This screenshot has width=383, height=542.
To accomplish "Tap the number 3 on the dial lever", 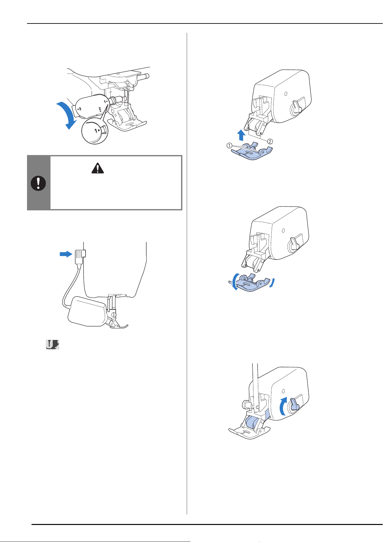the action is tap(79, 109).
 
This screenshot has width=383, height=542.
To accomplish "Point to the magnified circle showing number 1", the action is tap(95, 131).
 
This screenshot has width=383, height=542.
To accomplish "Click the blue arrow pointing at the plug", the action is tap(66, 254).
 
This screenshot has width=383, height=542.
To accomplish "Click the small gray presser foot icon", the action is tap(52, 345).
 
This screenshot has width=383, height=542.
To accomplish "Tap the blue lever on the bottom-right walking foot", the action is tap(294, 404).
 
